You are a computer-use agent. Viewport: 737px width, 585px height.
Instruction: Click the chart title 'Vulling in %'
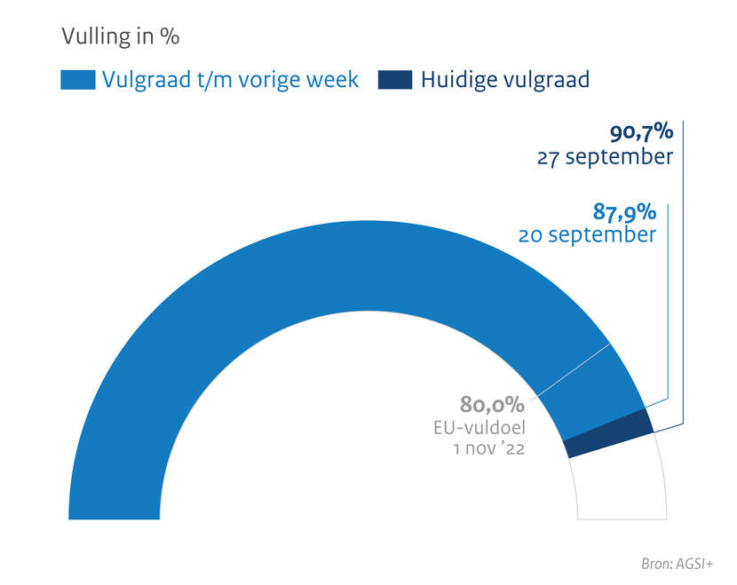pyautogui.click(x=120, y=36)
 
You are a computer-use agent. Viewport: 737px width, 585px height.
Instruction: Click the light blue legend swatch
pyautogui.click(x=77, y=80)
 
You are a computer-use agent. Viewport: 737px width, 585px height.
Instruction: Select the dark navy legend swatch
pyautogui.click(x=395, y=80)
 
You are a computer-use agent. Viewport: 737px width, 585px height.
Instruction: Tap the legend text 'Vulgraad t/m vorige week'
pyautogui.click(x=230, y=80)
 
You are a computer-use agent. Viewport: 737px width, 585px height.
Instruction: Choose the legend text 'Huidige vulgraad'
pyautogui.click(x=504, y=80)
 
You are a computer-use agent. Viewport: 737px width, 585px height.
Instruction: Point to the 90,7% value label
pyautogui.click(x=641, y=134)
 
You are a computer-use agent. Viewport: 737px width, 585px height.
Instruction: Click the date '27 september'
pyautogui.click(x=605, y=158)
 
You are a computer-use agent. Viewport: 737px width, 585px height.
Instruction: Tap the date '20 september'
pyautogui.click(x=587, y=235)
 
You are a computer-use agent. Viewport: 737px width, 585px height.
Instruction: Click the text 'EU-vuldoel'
pyautogui.click(x=479, y=428)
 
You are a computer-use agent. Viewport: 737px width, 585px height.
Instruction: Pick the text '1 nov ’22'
pyautogui.click(x=488, y=449)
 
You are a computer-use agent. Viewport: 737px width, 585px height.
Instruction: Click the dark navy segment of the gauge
pyautogui.click(x=609, y=432)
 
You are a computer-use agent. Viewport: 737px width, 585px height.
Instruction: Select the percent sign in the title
pyautogui.click(x=170, y=36)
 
